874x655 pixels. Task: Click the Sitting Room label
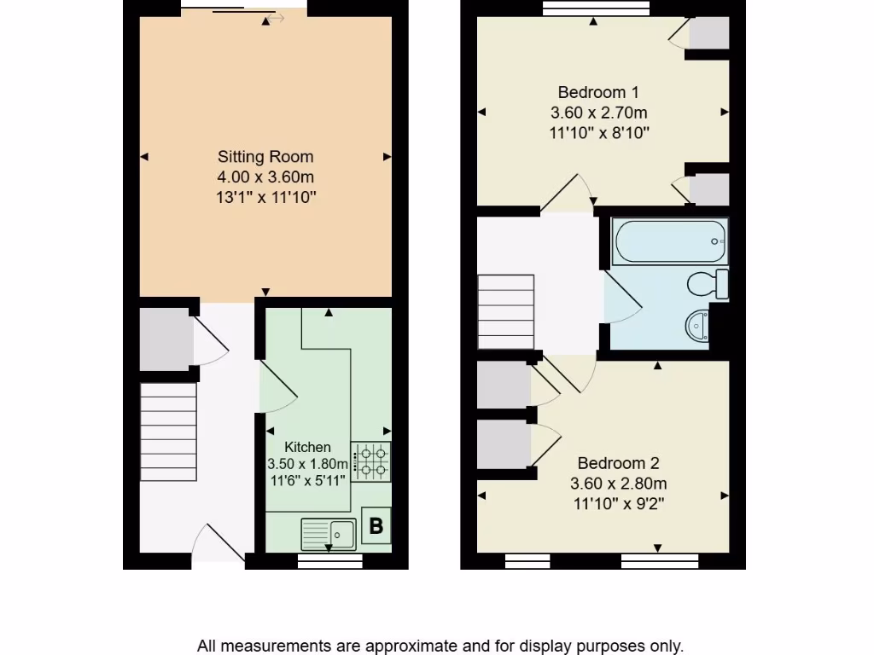(265, 157)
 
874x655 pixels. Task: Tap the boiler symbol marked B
(376, 526)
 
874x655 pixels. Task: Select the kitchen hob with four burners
(370, 461)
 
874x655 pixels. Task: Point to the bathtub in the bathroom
(669, 241)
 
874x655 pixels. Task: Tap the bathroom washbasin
(698, 324)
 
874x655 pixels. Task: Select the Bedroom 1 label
(598, 92)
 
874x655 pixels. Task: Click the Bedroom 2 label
(618, 463)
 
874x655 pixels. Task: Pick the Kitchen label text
(307, 447)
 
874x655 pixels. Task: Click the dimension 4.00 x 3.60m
(265, 177)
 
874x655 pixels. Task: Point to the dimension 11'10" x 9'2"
(618, 504)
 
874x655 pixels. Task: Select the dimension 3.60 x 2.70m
(598, 113)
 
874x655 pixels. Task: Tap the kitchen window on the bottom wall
(329, 560)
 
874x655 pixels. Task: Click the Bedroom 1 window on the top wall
(596, 9)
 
